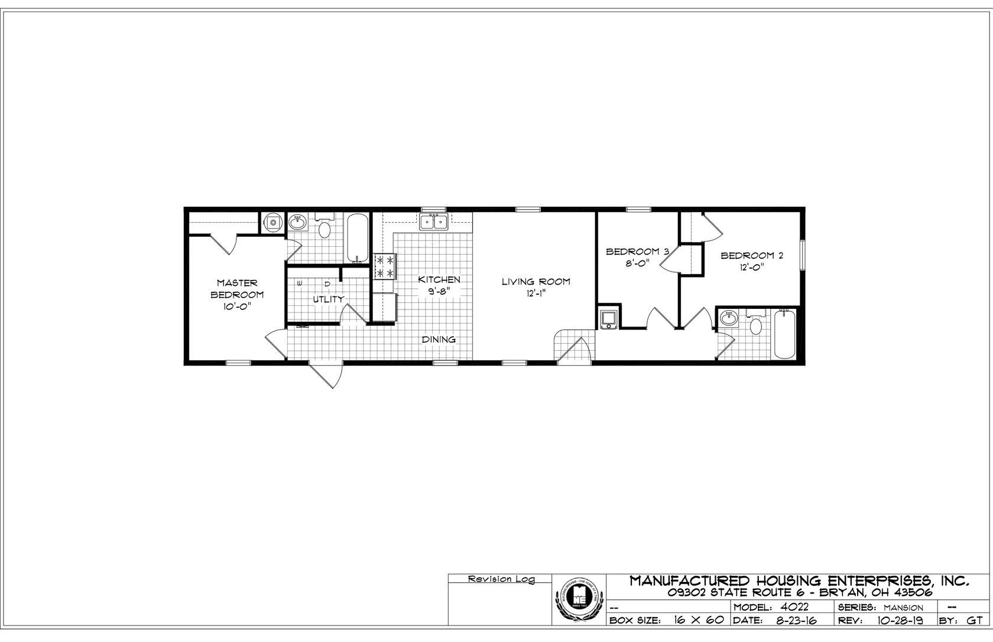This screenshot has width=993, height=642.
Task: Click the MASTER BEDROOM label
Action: pos(237,294)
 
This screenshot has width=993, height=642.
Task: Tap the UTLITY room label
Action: pos(328,299)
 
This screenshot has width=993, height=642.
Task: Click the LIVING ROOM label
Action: pos(536,282)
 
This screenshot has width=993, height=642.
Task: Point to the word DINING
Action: pos(439,340)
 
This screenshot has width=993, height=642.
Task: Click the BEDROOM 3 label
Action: pos(637,252)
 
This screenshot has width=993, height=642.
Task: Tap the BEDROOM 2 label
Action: pos(751,256)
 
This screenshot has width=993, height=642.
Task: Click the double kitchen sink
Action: pos(434,221)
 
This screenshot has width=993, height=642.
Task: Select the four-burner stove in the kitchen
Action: pos(384,267)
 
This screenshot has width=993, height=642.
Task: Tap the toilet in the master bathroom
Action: pos(324,228)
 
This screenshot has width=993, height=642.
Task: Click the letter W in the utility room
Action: pos(300,284)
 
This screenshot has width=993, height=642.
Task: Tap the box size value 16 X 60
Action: pos(698,621)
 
